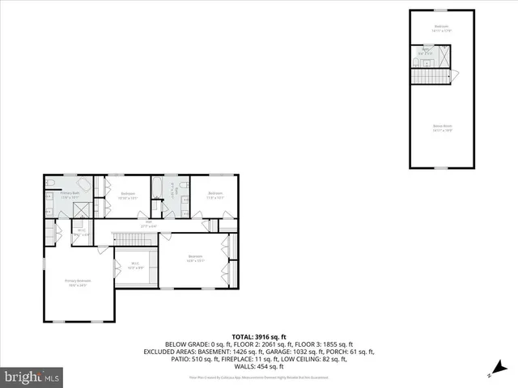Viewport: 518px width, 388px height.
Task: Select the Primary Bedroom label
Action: tap(78, 280)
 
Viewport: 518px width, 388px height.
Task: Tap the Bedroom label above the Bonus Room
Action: tap(441, 27)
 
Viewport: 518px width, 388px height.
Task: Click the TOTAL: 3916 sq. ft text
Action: tap(259, 336)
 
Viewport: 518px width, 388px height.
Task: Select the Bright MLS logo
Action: tap(32, 377)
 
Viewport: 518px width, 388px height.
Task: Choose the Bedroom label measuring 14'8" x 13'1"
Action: tap(194, 259)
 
